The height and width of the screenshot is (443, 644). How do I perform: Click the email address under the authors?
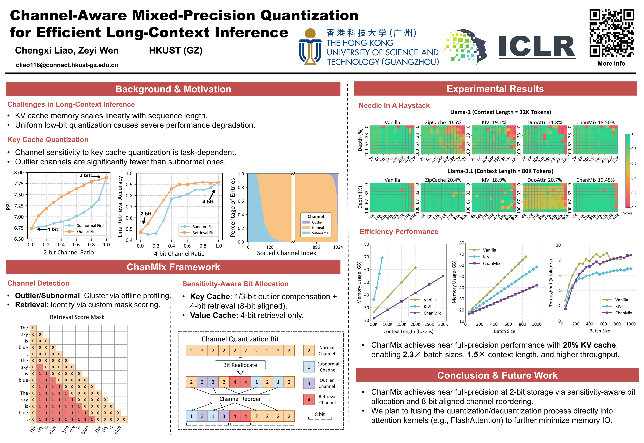(x=67, y=65)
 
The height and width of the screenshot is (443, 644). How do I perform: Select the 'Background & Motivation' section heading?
(x=173, y=89)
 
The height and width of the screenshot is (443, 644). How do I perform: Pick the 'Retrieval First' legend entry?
(x=205, y=233)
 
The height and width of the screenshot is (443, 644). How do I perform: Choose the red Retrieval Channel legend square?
(x=309, y=400)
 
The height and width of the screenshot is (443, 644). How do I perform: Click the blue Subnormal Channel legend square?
(x=309, y=367)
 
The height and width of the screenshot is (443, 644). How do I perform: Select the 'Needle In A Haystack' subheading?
(x=394, y=106)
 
